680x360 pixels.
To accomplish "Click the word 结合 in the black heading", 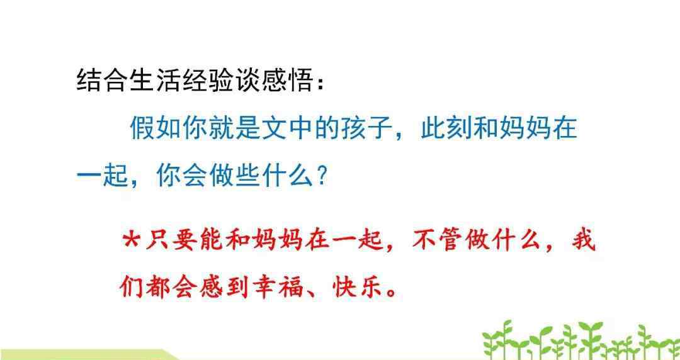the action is point(103,81).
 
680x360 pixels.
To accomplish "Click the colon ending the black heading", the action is point(320,82).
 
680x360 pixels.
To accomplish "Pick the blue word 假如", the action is point(156,128).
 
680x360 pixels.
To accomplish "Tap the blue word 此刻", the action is point(446,128).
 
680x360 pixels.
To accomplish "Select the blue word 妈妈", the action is point(526,128).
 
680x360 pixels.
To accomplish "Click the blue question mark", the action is point(322,176).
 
